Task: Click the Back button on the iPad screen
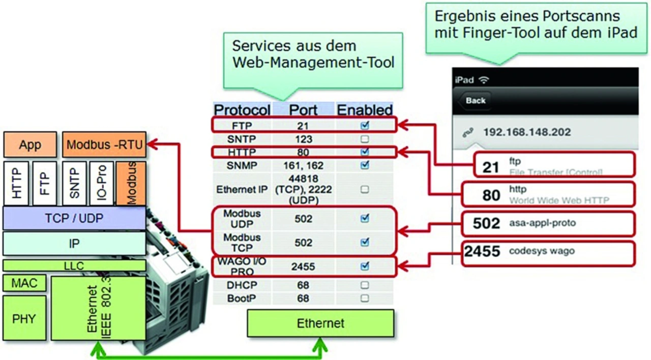tap(475, 100)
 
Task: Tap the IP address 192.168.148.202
tap(527, 132)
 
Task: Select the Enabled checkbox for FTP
tap(364, 125)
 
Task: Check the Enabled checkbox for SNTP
tap(364, 139)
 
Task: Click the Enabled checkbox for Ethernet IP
tap(364, 190)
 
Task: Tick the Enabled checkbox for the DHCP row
tap(364, 285)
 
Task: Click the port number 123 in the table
tap(303, 139)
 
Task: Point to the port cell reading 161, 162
tap(303, 166)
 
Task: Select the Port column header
tap(303, 110)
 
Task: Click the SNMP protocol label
tap(242, 166)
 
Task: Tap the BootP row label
tap(242, 298)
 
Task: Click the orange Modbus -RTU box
tap(104, 145)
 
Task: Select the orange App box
tap(30, 145)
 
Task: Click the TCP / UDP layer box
tap(74, 218)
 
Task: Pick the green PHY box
tap(24, 319)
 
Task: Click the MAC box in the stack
tap(24, 283)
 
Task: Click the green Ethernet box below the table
tap(320, 323)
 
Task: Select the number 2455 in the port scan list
tap(482, 251)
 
